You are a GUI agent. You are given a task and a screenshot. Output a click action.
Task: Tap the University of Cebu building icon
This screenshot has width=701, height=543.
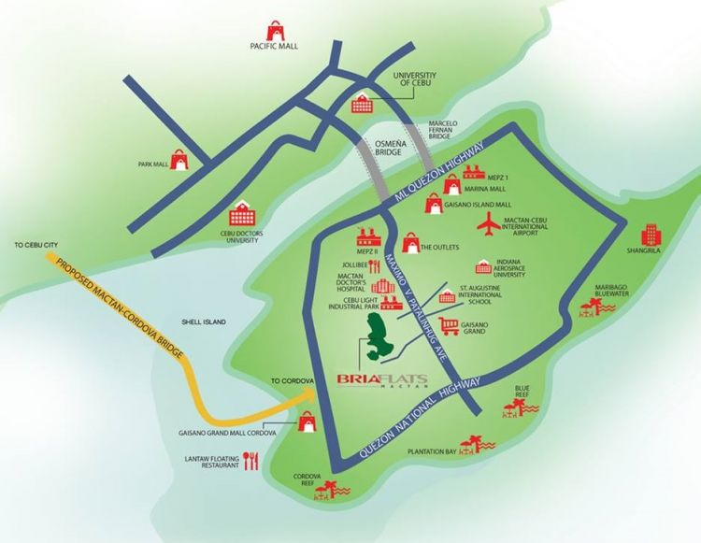click(360, 105)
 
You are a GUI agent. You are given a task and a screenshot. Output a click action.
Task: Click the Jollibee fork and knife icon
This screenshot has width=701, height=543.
click(375, 265)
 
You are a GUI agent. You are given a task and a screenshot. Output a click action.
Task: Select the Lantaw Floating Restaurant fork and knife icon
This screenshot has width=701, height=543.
click(250, 460)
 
